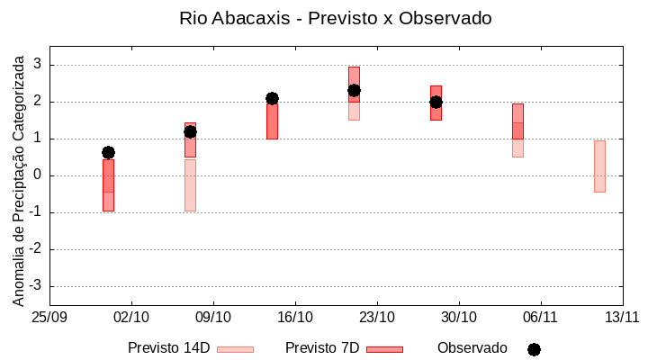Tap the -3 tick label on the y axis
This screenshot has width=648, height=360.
(x=36, y=286)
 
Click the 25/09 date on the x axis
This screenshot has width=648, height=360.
(x=49, y=317)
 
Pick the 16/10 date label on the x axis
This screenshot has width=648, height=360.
(x=295, y=317)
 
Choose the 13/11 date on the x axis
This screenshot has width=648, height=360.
(x=622, y=317)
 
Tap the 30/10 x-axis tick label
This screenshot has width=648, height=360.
(x=459, y=317)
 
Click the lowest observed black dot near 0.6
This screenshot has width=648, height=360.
(x=108, y=152)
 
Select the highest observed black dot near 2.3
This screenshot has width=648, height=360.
(x=354, y=90)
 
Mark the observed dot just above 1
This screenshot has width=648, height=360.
(x=190, y=131)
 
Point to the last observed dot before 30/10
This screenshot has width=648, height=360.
(x=436, y=102)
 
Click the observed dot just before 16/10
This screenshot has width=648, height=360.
(x=272, y=98)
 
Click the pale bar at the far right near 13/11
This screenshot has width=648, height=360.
(x=599, y=166)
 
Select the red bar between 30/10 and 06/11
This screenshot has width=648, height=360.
(x=517, y=121)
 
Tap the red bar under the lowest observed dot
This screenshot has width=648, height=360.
(x=108, y=185)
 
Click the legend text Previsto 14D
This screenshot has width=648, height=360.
(x=168, y=348)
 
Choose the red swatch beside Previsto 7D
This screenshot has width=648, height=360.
(x=384, y=349)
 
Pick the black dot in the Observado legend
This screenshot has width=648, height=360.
(x=534, y=349)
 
